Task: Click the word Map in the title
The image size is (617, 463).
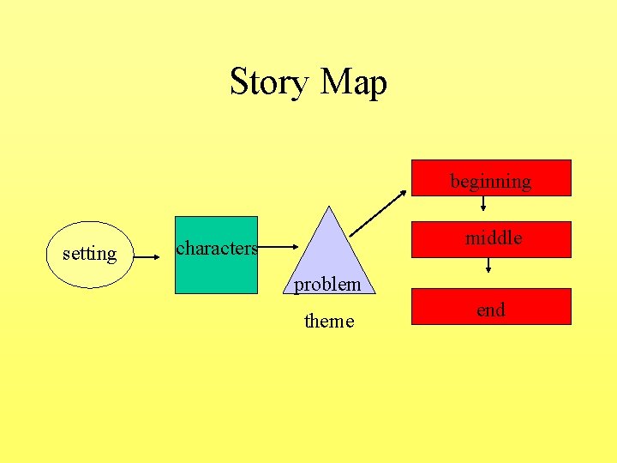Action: coord(353,83)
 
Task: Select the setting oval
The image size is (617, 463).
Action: coord(89,254)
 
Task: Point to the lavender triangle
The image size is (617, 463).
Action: coord(331,253)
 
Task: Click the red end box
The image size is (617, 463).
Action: coord(491,306)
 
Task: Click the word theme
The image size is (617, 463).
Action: coord(329,322)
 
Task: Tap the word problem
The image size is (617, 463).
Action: coord(328,284)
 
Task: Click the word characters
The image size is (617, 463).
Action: coord(216,249)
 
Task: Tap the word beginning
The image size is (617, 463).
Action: coord(491,182)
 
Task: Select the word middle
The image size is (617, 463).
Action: coord(494,238)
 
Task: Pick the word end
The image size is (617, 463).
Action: coord(491,310)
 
